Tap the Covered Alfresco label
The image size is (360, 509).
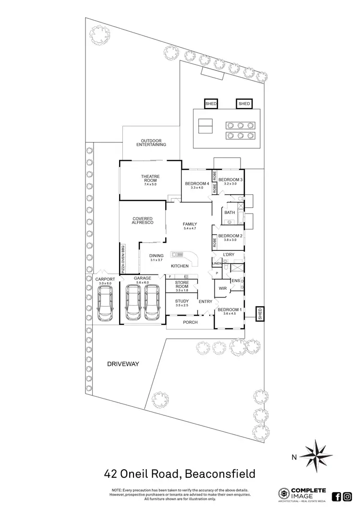tap(143, 221)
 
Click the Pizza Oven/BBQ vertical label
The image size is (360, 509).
tap(123, 259)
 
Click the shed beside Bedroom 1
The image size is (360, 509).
tap(260, 314)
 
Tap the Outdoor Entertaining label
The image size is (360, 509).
tap(151, 142)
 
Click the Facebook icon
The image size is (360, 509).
tap(336, 496)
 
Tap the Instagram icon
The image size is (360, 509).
tap(348, 496)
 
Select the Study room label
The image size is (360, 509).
tap(182, 301)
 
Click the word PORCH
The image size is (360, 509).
tap(190, 322)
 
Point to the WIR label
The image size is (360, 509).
tap(222, 289)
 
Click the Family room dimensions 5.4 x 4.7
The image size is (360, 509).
tap(190, 229)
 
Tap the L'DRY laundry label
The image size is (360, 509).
tap(228, 254)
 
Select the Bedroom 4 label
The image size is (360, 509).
tap(197, 184)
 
